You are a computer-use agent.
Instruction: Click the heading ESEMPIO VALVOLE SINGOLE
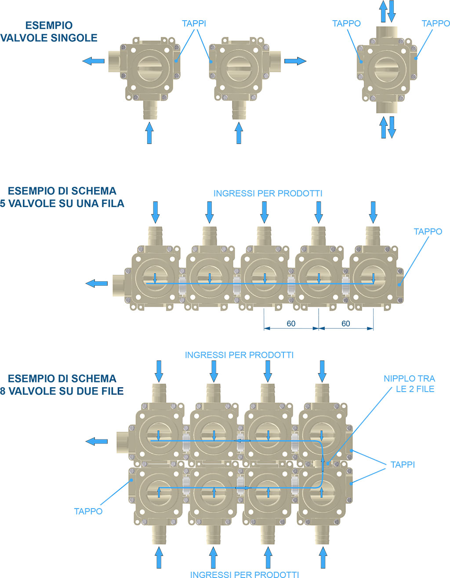(x=49, y=32)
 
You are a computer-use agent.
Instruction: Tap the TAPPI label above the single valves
(x=194, y=23)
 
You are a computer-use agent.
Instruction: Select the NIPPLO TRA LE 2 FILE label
(x=409, y=384)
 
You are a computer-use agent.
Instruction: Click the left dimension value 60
(x=291, y=324)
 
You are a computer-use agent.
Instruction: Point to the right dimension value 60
(x=346, y=324)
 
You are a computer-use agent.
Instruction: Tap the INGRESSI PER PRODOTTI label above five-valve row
(x=268, y=193)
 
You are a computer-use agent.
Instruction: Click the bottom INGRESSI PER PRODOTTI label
(x=244, y=574)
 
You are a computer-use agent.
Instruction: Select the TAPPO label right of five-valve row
(x=428, y=231)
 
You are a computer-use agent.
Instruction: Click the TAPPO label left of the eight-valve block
(x=88, y=511)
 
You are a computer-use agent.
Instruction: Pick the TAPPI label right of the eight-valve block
(x=403, y=465)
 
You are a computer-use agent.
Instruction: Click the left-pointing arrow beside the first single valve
(x=93, y=61)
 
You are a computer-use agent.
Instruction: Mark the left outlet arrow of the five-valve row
(x=97, y=284)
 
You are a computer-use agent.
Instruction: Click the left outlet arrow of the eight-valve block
(x=97, y=441)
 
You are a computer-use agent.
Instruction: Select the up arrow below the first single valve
(x=149, y=133)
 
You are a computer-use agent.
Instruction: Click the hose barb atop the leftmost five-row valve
(x=155, y=236)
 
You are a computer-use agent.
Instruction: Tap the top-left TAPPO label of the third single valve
(x=346, y=23)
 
